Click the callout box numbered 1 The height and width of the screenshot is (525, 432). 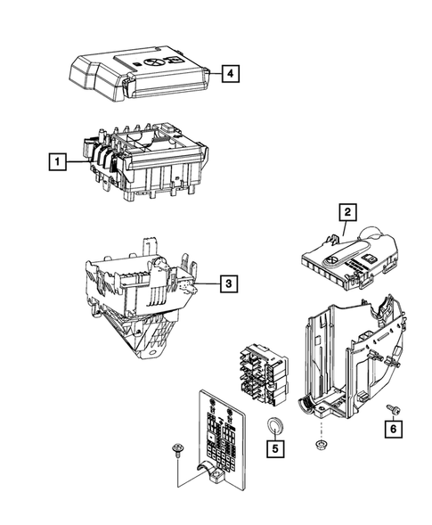point(56,162)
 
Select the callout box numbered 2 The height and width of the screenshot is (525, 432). point(346,211)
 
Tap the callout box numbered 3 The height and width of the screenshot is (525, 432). point(228,283)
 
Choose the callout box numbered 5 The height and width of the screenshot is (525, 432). point(276,448)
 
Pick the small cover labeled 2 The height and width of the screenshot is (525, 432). point(347,254)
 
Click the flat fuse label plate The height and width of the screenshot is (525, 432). point(218,437)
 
